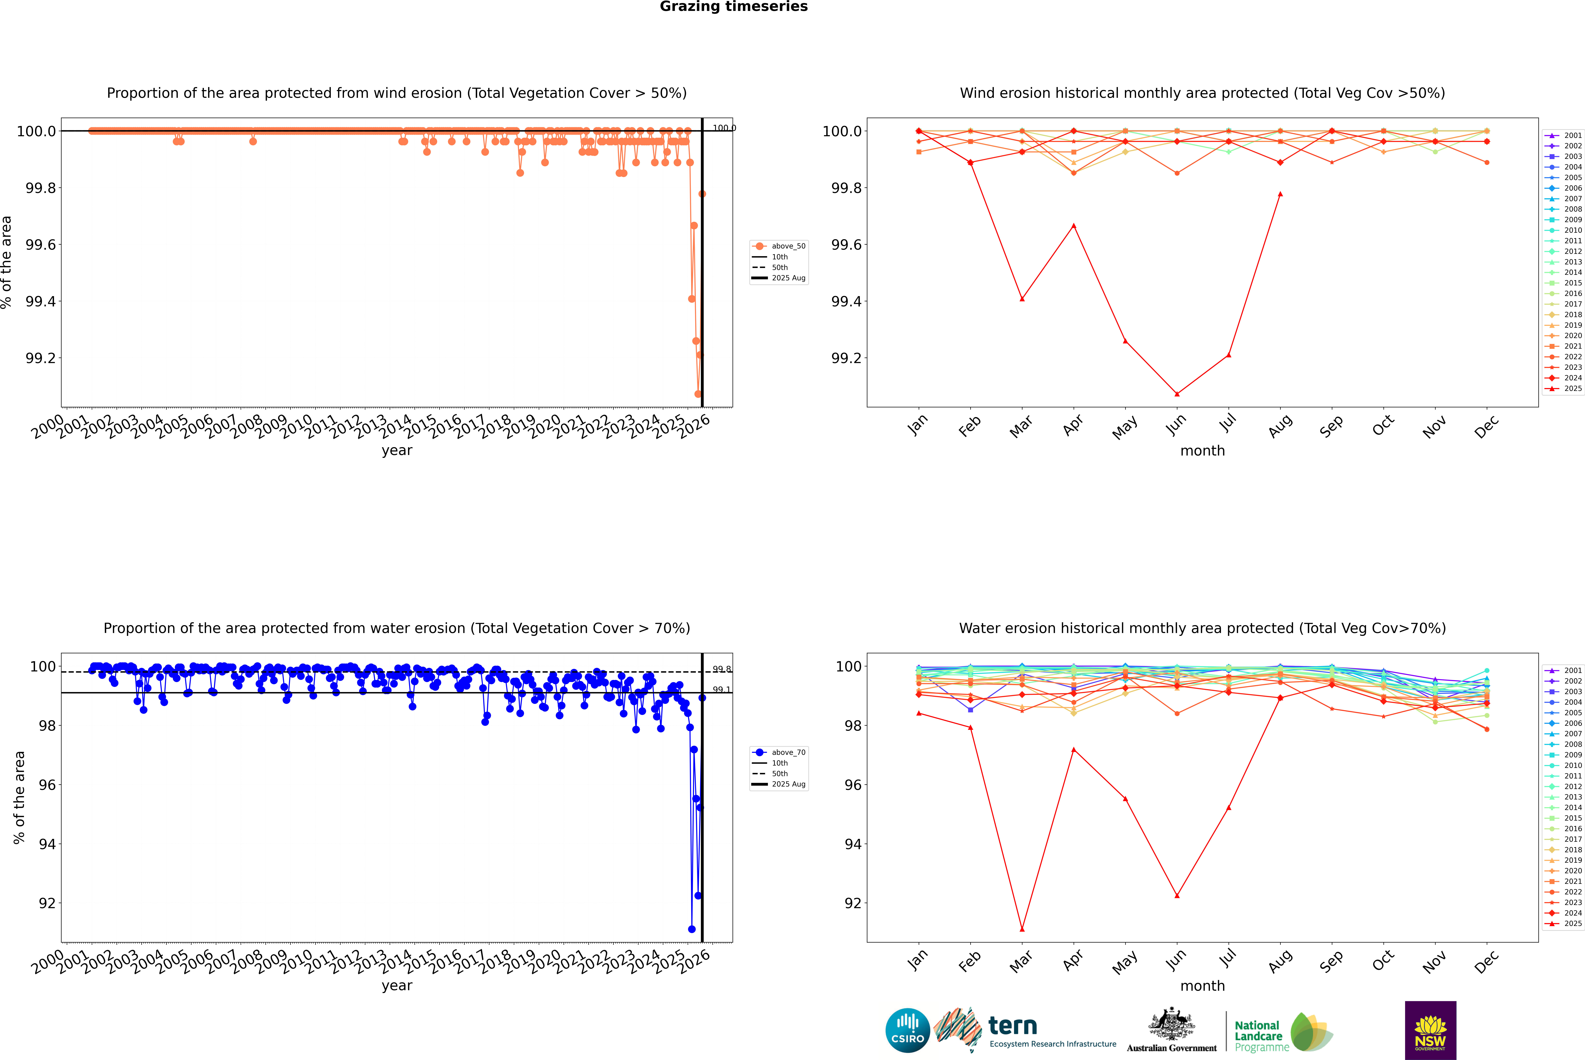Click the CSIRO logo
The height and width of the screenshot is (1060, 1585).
[x=907, y=1030]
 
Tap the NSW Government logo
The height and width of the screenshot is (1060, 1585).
[x=1430, y=1030]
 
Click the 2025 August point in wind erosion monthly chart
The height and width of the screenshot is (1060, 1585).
[x=1280, y=194]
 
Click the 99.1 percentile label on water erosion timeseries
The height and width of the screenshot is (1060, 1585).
[x=721, y=690]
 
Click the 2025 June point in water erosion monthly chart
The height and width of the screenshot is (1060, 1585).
[x=1177, y=896]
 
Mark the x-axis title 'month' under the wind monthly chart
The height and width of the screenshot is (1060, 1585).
[x=1202, y=451]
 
